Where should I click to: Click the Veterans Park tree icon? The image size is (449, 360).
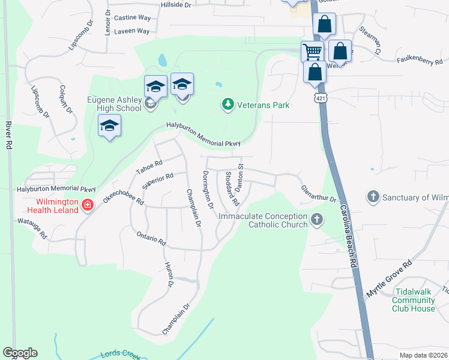(x=228, y=105)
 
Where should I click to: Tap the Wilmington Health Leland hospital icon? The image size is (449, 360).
(x=88, y=206)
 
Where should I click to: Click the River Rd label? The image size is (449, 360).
(x=8, y=136)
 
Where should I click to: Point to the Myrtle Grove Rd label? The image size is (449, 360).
(x=390, y=279)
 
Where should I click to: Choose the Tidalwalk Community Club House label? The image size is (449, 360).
(x=413, y=299)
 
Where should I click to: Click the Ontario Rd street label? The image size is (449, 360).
(x=151, y=238)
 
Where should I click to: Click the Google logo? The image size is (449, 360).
(x=20, y=353)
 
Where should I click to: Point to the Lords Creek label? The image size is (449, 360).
(x=119, y=354)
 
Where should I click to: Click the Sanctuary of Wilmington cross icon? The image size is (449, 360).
(x=373, y=197)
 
